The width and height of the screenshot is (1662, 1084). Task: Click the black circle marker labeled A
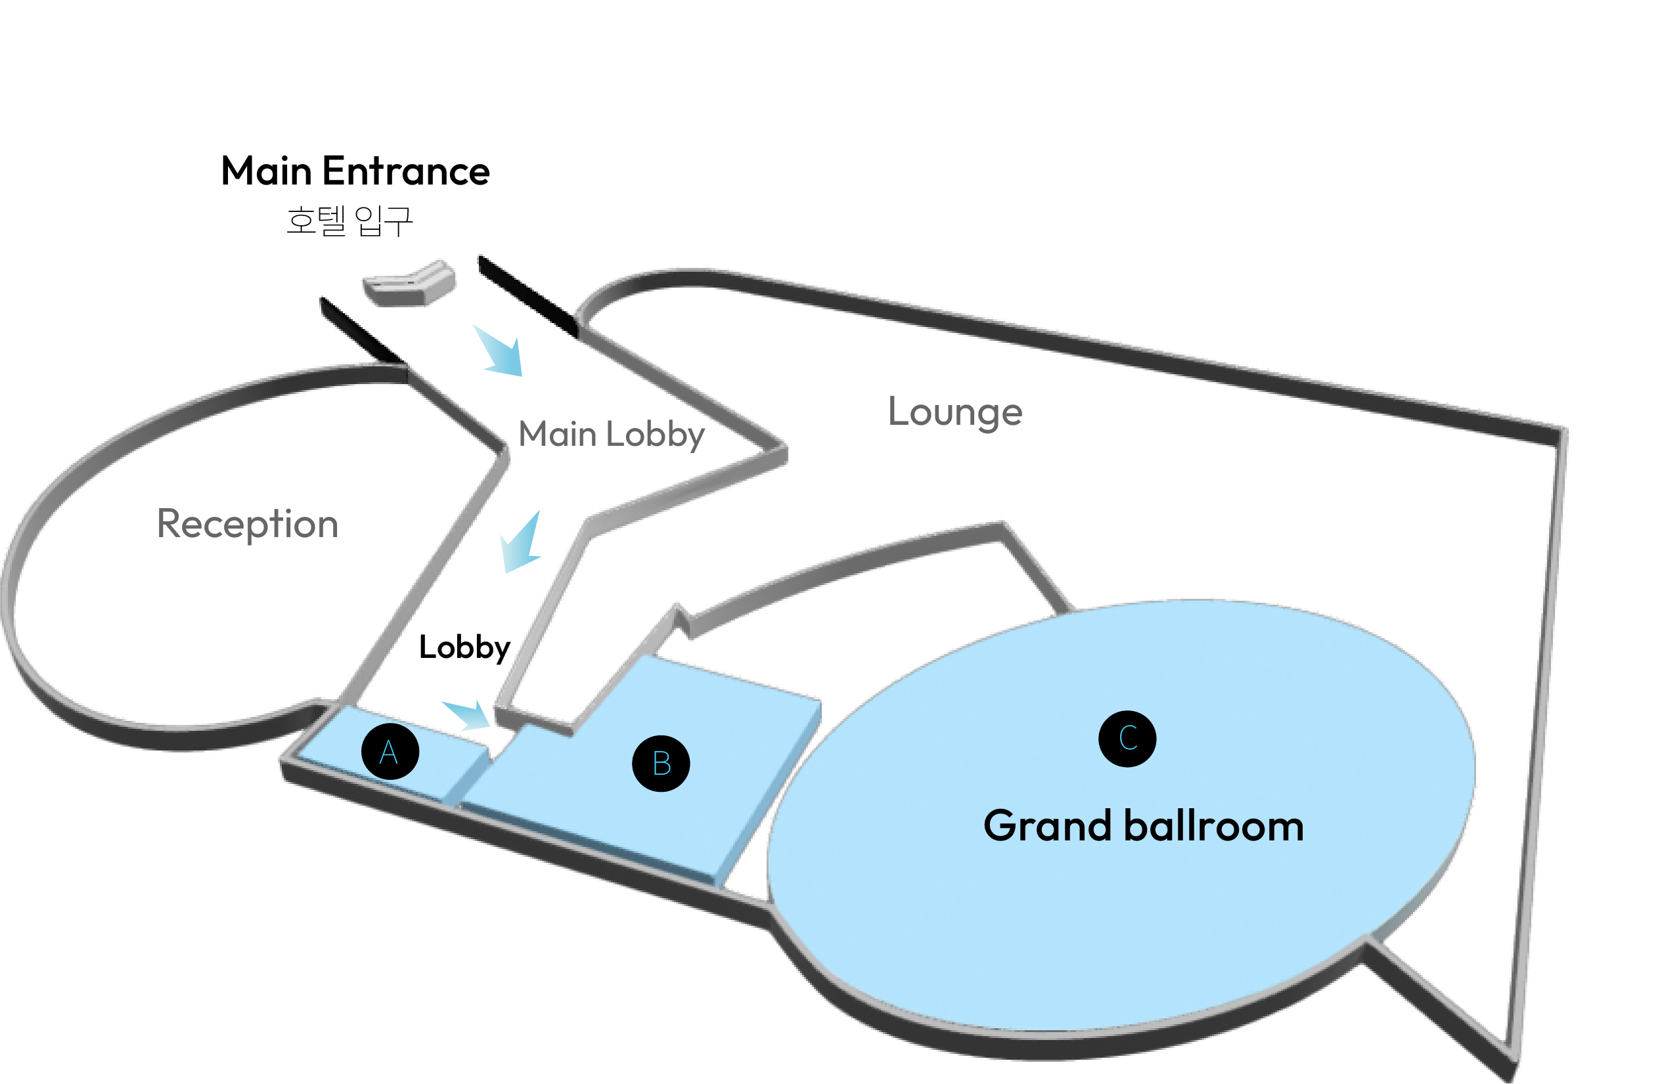[390, 752]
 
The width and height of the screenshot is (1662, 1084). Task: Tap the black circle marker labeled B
[661, 763]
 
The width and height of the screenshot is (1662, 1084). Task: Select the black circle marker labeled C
[1127, 739]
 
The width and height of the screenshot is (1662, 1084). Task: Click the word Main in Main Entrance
[266, 172]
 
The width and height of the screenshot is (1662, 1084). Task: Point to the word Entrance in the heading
[406, 172]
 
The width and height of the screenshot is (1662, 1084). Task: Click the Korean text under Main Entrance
[349, 221]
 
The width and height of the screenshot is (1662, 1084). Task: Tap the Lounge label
[955, 412]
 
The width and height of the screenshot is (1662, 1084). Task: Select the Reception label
[247, 524]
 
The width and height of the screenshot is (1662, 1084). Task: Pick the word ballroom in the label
[1214, 827]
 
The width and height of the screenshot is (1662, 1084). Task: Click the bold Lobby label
[464, 648]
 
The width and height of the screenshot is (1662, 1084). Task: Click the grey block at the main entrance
[410, 284]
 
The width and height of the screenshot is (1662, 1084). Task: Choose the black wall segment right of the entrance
[528, 296]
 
